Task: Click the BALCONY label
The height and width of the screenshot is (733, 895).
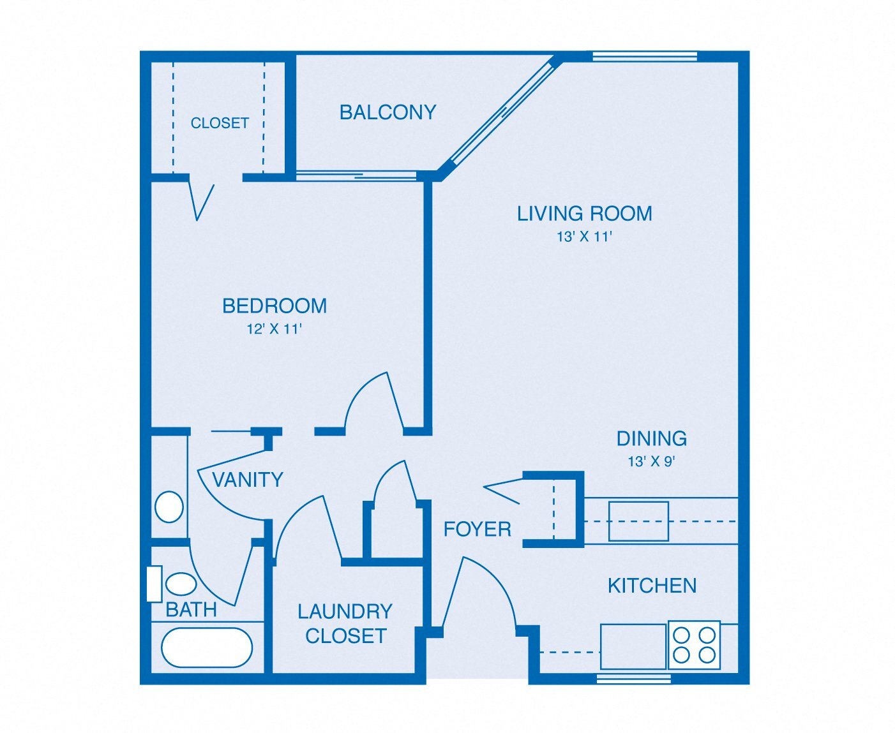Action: [x=388, y=112]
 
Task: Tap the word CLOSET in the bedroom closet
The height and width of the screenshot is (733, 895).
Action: [x=220, y=123]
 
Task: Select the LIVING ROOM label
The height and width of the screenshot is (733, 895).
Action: [x=584, y=213]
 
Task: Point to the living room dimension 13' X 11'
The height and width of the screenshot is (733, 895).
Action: [x=584, y=237]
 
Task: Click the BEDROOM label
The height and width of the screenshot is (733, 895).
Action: [x=275, y=306]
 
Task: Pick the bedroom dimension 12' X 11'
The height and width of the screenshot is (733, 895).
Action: [x=275, y=329]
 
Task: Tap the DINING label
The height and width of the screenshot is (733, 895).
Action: [x=651, y=439]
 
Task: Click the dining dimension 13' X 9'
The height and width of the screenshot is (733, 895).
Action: [x=651, y=461]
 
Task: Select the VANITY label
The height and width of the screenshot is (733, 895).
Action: [x=248, y=480]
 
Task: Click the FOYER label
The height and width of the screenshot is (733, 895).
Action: [x=478, y=529]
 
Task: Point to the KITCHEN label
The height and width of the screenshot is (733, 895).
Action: [x=652, y=586]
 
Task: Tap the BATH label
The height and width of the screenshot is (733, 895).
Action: [x=191, y=610]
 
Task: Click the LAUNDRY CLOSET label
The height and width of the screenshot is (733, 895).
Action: [x=345, y=623]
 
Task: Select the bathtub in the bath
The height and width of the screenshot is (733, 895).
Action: [x=207, y=648]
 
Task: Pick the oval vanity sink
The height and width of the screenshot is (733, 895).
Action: [x=169, y=507]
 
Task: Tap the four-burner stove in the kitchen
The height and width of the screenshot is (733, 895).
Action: [x=695, y=645]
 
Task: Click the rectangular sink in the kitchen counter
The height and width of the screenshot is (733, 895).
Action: [x=638, y=521]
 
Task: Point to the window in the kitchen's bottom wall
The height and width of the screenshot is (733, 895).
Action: [x=634, y=679]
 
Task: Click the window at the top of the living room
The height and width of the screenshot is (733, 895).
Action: [x=645, y=56]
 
